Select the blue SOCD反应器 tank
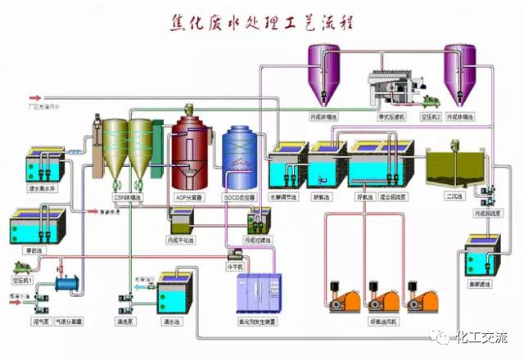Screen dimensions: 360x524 [x=242, y=159]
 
